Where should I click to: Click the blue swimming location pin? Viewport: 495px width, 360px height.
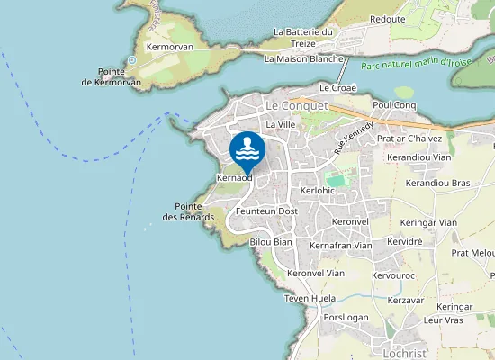(246, 150)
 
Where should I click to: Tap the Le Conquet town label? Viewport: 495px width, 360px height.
(296, 105)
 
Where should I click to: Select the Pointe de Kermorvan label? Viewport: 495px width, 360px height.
(111, 76)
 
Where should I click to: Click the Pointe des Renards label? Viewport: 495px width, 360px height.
(188, 211)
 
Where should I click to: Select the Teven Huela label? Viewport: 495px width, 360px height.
(310, 298)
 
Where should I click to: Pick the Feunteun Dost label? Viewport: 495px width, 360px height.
(266, 211)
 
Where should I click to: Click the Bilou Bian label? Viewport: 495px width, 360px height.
(271, 242)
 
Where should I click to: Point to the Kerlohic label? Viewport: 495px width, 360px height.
(318, 191)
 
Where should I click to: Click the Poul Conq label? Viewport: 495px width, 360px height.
(394, 105)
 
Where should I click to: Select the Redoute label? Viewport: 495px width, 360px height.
(387, 19)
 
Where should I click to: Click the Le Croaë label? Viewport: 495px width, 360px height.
(338, 87)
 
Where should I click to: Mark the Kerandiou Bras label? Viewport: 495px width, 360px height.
(438, 183)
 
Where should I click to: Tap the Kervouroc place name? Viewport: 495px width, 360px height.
(392, 275)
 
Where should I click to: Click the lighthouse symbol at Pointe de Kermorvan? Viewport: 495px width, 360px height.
(132, 60)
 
